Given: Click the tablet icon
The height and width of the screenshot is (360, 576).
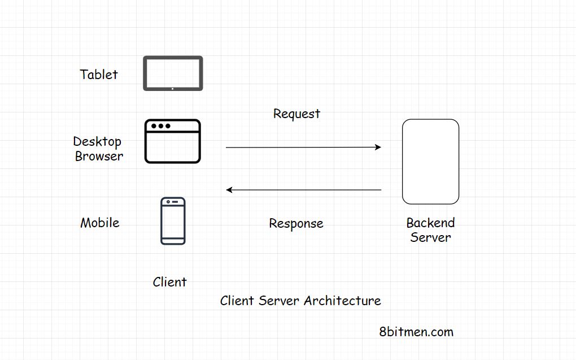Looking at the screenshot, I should (173, 73).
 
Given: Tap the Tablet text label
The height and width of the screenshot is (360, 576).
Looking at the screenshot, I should (99, 75).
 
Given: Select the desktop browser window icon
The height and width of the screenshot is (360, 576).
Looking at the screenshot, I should (173, 141).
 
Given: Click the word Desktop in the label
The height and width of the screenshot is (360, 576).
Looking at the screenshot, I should (97, 141).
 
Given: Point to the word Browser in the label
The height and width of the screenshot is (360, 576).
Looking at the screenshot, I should (99, 156).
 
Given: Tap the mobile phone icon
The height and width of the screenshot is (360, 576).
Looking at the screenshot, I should (173, 221).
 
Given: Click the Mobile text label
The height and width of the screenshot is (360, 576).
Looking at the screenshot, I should (100, 223).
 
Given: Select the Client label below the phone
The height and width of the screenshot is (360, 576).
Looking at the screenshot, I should (169, 282).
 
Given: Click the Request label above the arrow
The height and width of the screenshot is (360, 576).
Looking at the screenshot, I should (296, 114).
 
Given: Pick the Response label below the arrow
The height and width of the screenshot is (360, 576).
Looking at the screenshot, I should (296, 224).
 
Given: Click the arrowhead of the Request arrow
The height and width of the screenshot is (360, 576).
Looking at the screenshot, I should (378, 148).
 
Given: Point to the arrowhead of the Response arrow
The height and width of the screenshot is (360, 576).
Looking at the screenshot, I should (229, 190).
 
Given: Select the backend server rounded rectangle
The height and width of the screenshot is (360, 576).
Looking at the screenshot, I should (430, 162).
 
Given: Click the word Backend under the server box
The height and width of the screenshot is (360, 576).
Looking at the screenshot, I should (430, 223).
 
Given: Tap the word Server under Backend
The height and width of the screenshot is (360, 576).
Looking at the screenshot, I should (430, 237).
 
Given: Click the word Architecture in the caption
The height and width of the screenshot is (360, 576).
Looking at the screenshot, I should (342, 301).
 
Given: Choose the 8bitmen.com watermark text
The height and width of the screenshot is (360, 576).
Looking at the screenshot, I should (416, 332).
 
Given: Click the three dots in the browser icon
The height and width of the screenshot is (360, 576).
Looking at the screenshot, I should (160, 126).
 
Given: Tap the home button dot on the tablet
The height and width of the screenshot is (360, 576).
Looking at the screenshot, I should (173, 88).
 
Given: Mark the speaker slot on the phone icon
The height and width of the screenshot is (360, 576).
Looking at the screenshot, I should (174, 202).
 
